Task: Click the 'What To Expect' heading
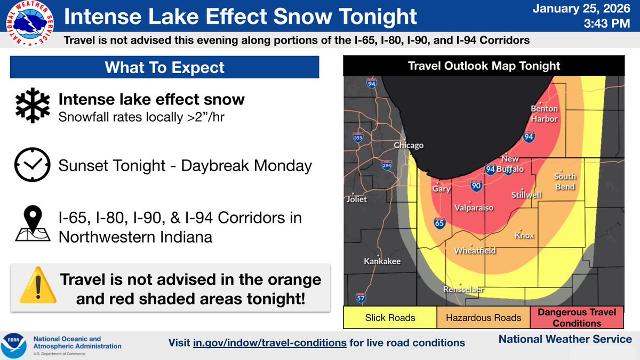point(165,68)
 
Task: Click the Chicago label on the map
point(409,146)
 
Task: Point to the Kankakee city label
point(382,261)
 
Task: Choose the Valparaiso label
point(474,207)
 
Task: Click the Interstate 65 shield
point(440,223)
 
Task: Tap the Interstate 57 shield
point(360,298)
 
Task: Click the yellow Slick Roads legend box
point(390,318)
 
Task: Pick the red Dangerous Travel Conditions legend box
point(577,318)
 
